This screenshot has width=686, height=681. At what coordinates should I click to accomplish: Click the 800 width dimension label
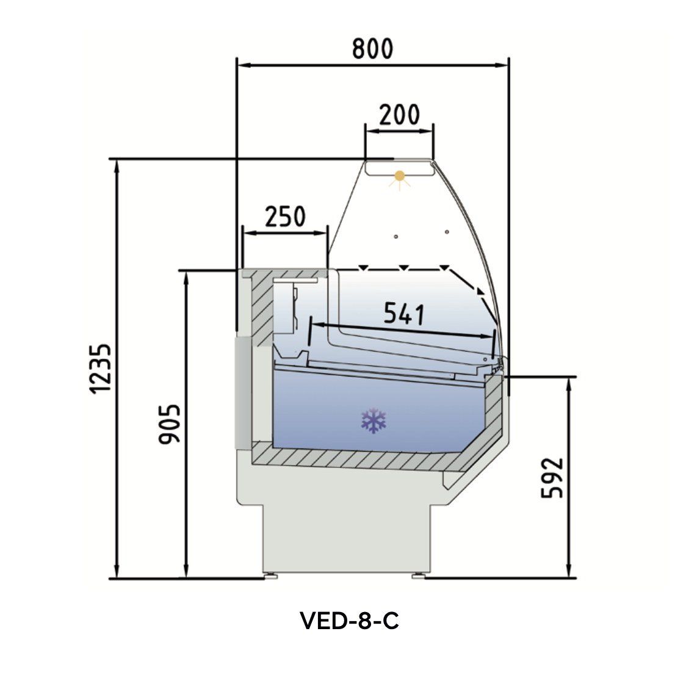click(x=373, y=49)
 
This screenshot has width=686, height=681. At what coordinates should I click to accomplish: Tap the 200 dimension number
click(x=399, y=115)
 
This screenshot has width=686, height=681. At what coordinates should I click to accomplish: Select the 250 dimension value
click(x=285, y=217)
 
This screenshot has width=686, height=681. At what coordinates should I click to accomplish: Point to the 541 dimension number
click(x=404, y=313)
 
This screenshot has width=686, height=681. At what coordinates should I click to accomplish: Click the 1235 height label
click(x=101, y=369)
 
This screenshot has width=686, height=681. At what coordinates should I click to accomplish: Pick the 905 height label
click(x=169, y=423)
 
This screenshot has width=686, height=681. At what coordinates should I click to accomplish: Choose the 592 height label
click(x=552, y=478)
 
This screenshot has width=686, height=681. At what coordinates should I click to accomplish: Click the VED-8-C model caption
click(x=349, y=621)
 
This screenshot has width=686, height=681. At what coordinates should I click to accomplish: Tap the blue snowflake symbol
click(x=374, y=420)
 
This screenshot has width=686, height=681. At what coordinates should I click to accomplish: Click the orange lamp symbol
click(x=399, y=177)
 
